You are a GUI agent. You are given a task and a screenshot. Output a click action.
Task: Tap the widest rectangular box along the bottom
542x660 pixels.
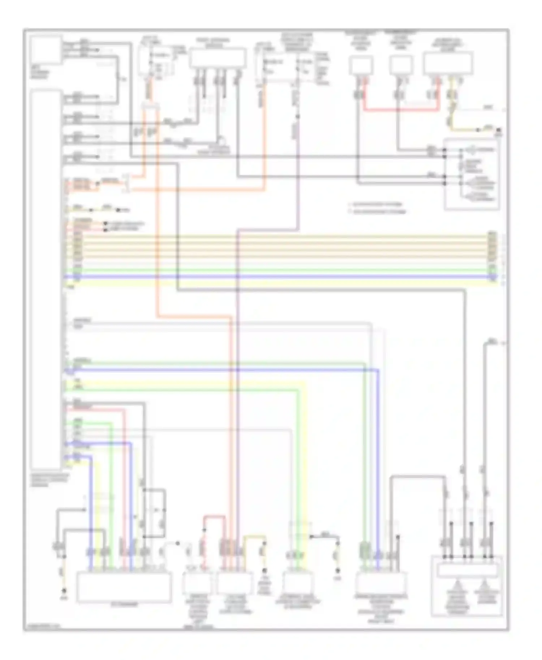coord(124,587)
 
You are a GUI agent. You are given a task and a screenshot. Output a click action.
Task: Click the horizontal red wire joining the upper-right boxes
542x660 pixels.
coord(401,109)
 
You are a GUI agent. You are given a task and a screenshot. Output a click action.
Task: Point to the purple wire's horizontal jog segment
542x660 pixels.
coord(267,230)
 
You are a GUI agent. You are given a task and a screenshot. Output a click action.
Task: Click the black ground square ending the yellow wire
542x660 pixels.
coord(499,130)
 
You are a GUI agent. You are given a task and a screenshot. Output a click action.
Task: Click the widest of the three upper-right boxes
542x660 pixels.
coord(448,64)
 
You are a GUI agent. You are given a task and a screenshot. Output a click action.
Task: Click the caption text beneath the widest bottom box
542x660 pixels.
coord(124,605)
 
